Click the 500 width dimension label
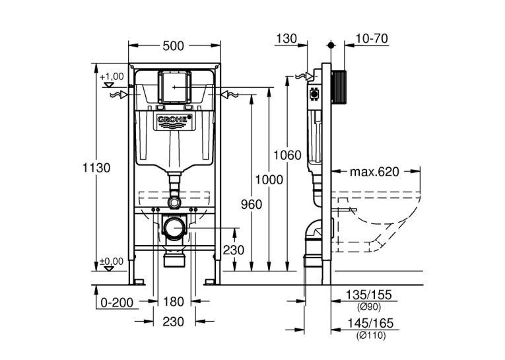point(173,46)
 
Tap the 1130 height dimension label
point(96,168)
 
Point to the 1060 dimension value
point(287,155)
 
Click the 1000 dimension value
point(269,180)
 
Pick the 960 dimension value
point(252,204)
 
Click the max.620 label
point(374,172)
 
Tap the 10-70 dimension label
point(372,39)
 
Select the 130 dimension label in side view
point(286,39)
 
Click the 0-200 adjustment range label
point(117,303)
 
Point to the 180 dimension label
point(173,302)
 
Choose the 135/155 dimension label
point(369,295)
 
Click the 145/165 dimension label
point(370,323)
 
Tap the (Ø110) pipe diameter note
point(371,336)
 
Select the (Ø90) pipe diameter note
point(369,307)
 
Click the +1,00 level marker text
point(112,77)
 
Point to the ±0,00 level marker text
point(112,262)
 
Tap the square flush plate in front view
point(174,87)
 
